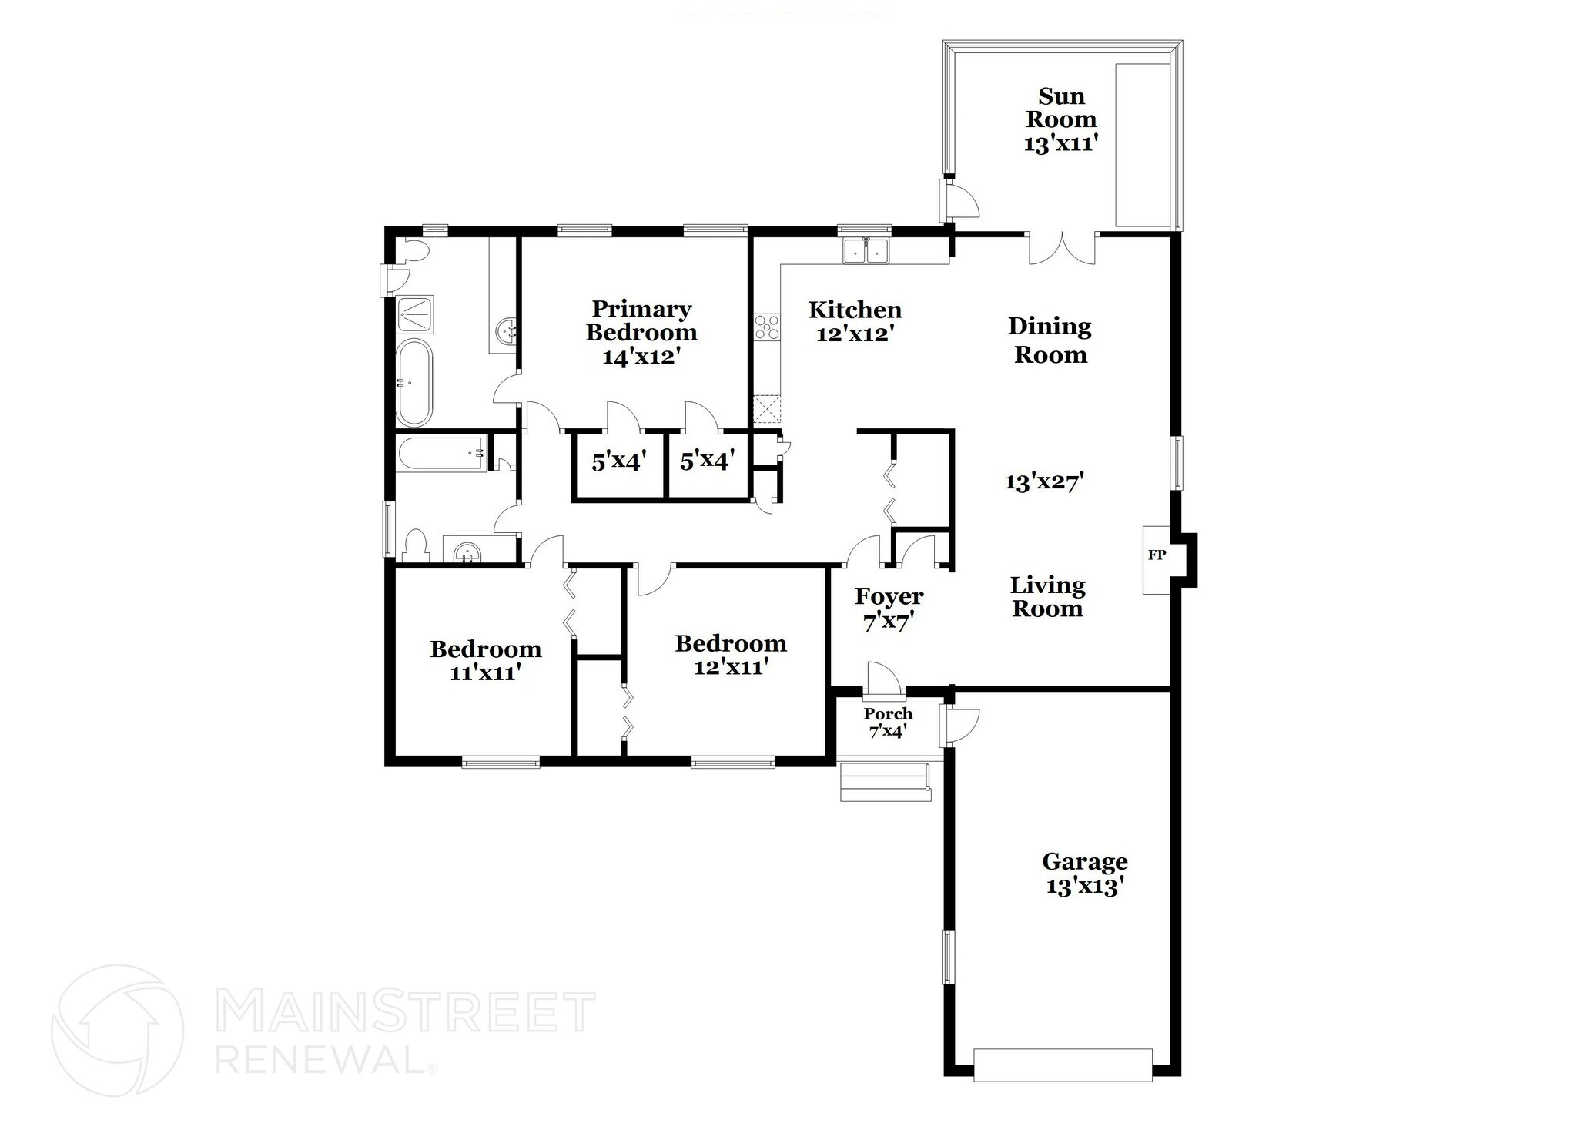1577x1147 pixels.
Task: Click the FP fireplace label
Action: [1157, 555]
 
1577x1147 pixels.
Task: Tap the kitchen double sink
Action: [866, 250]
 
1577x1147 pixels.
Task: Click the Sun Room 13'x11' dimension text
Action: [1060, 143]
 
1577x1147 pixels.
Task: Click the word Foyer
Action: [889, 596]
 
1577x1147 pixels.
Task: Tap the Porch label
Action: [888, 713]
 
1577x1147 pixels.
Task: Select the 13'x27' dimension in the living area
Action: [1044, 482]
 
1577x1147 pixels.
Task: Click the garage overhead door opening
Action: [1063, 1065]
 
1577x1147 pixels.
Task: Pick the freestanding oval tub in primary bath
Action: [414, 383]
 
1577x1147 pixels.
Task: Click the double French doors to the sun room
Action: [1063, 249]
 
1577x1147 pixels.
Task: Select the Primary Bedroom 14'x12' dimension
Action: [641, 357]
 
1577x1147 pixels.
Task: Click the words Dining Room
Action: [1050, 340]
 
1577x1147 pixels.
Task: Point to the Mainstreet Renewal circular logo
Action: [117, 1030]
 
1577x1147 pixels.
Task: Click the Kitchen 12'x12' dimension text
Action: [854, 334]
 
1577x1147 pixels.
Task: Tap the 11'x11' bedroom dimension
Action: [485, 672]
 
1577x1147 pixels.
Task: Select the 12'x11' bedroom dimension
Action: [731, 667]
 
